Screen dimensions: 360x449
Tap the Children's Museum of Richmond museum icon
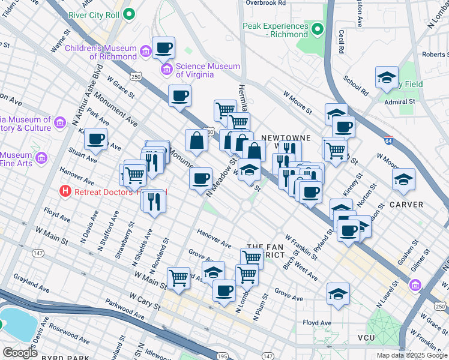click(145, 53)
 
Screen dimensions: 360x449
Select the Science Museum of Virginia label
click(207, 70)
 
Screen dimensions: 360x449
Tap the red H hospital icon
click(65, 192)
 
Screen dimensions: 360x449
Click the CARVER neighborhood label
click(406, 205)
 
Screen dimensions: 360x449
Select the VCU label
click(366, 338)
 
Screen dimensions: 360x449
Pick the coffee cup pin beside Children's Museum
click(164, 47)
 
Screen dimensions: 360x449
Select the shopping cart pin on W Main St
click(179, 277)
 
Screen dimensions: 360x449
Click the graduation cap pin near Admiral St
click(387, 77)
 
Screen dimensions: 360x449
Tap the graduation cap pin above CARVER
click(403, 178)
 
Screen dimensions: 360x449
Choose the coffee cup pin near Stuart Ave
click(95, 139)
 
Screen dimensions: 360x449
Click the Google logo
click(20, 352)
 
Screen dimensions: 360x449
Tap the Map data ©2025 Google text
click(411, 355)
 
